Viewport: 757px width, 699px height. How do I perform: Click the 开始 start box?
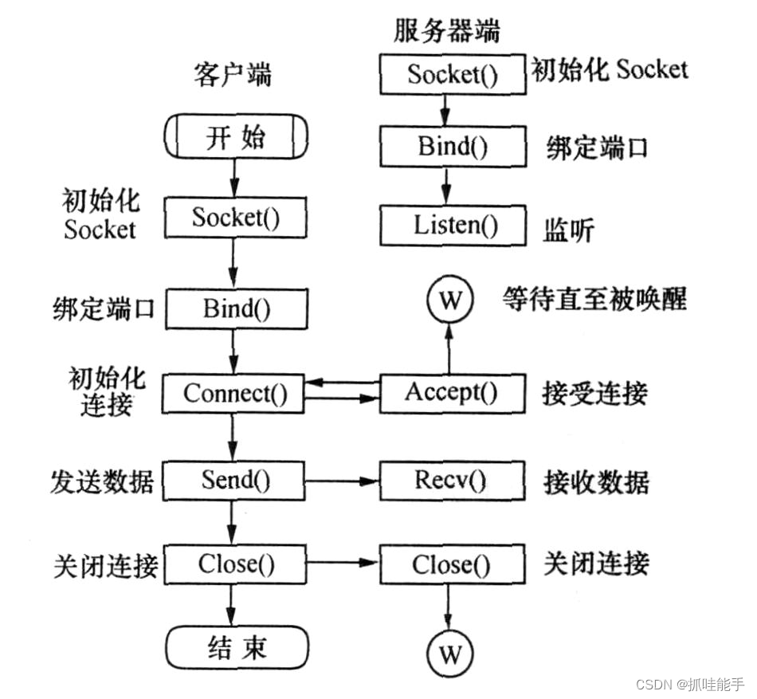pyautogui.click(x=235, y=138)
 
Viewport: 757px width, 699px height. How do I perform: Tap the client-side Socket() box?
pyautogui.click(x=235, y=218)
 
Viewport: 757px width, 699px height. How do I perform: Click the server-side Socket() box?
pyautogui.click(x=452, y=74)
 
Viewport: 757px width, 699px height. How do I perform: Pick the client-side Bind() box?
pyautogui.click(x=235, y=308)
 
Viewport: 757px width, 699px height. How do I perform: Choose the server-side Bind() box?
pyautogui.click(x=452, y=146)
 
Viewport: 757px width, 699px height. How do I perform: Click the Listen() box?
pyautogui.click(x=452, y=225)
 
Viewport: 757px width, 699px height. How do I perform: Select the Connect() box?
pyautogui.click(x=233, y=393)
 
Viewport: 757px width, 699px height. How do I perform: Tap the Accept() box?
pyautogui.click(x=452, y=391)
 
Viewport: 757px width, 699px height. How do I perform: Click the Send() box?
pyautogui.click(x=235, y=480)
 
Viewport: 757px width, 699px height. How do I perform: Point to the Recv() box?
pyautogui.click(x=452, y=480)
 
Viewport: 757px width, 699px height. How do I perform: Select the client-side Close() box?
pyautogui.click(x=235, y=564)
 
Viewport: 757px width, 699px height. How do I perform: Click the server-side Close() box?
pyautogui.click(x=452, y=565)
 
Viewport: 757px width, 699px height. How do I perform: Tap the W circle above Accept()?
pyautogui.click(x=449, y=301)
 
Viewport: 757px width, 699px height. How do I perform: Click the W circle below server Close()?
pyautogui.click(x=449, y=654)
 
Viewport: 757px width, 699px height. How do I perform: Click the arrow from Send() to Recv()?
pyautogui.click(x=343, y=481)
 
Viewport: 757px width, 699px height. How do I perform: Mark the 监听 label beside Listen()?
pyautogui.click(x=570, y=230)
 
